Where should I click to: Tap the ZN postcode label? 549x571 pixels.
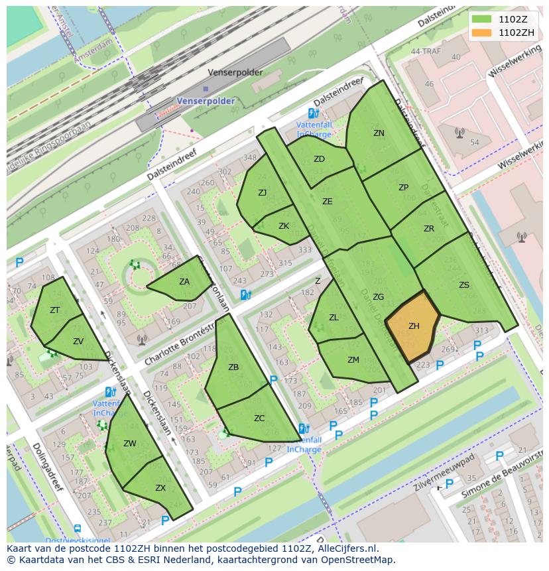pyautogui.click(x=379, y=133)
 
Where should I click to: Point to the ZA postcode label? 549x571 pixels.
pyautogui.click(x=184, y=282)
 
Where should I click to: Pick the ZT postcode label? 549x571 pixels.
pyautogui.click(x=55, y=310)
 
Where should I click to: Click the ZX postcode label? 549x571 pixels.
pyautogui.click(x=160, y=487)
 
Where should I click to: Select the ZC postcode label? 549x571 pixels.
pyautogui.click(x=259, y=418)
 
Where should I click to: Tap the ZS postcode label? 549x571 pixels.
pyautogui.click(x=464, y=285)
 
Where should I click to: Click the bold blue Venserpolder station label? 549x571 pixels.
pyautogui.click(x=206, y=101)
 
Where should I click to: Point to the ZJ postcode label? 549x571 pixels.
pyautogui.click(x=263, y=193)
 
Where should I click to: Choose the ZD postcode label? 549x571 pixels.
pyautogui.click(x=319, y=159)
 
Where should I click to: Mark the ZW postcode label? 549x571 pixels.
pyautogui.click(x=130, y=444)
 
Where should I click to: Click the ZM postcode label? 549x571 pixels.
pyautogui.click(x=353, y=360)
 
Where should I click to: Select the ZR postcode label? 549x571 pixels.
pyautogui.click(x=429, y=229)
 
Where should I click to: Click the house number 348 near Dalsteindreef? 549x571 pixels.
pyautogui.click(x=250, y=158)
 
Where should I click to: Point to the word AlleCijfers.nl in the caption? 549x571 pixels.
pyautogui.click(x=346, y=548)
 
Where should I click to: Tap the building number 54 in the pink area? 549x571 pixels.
pyautogui.click(x=474, y=143)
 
